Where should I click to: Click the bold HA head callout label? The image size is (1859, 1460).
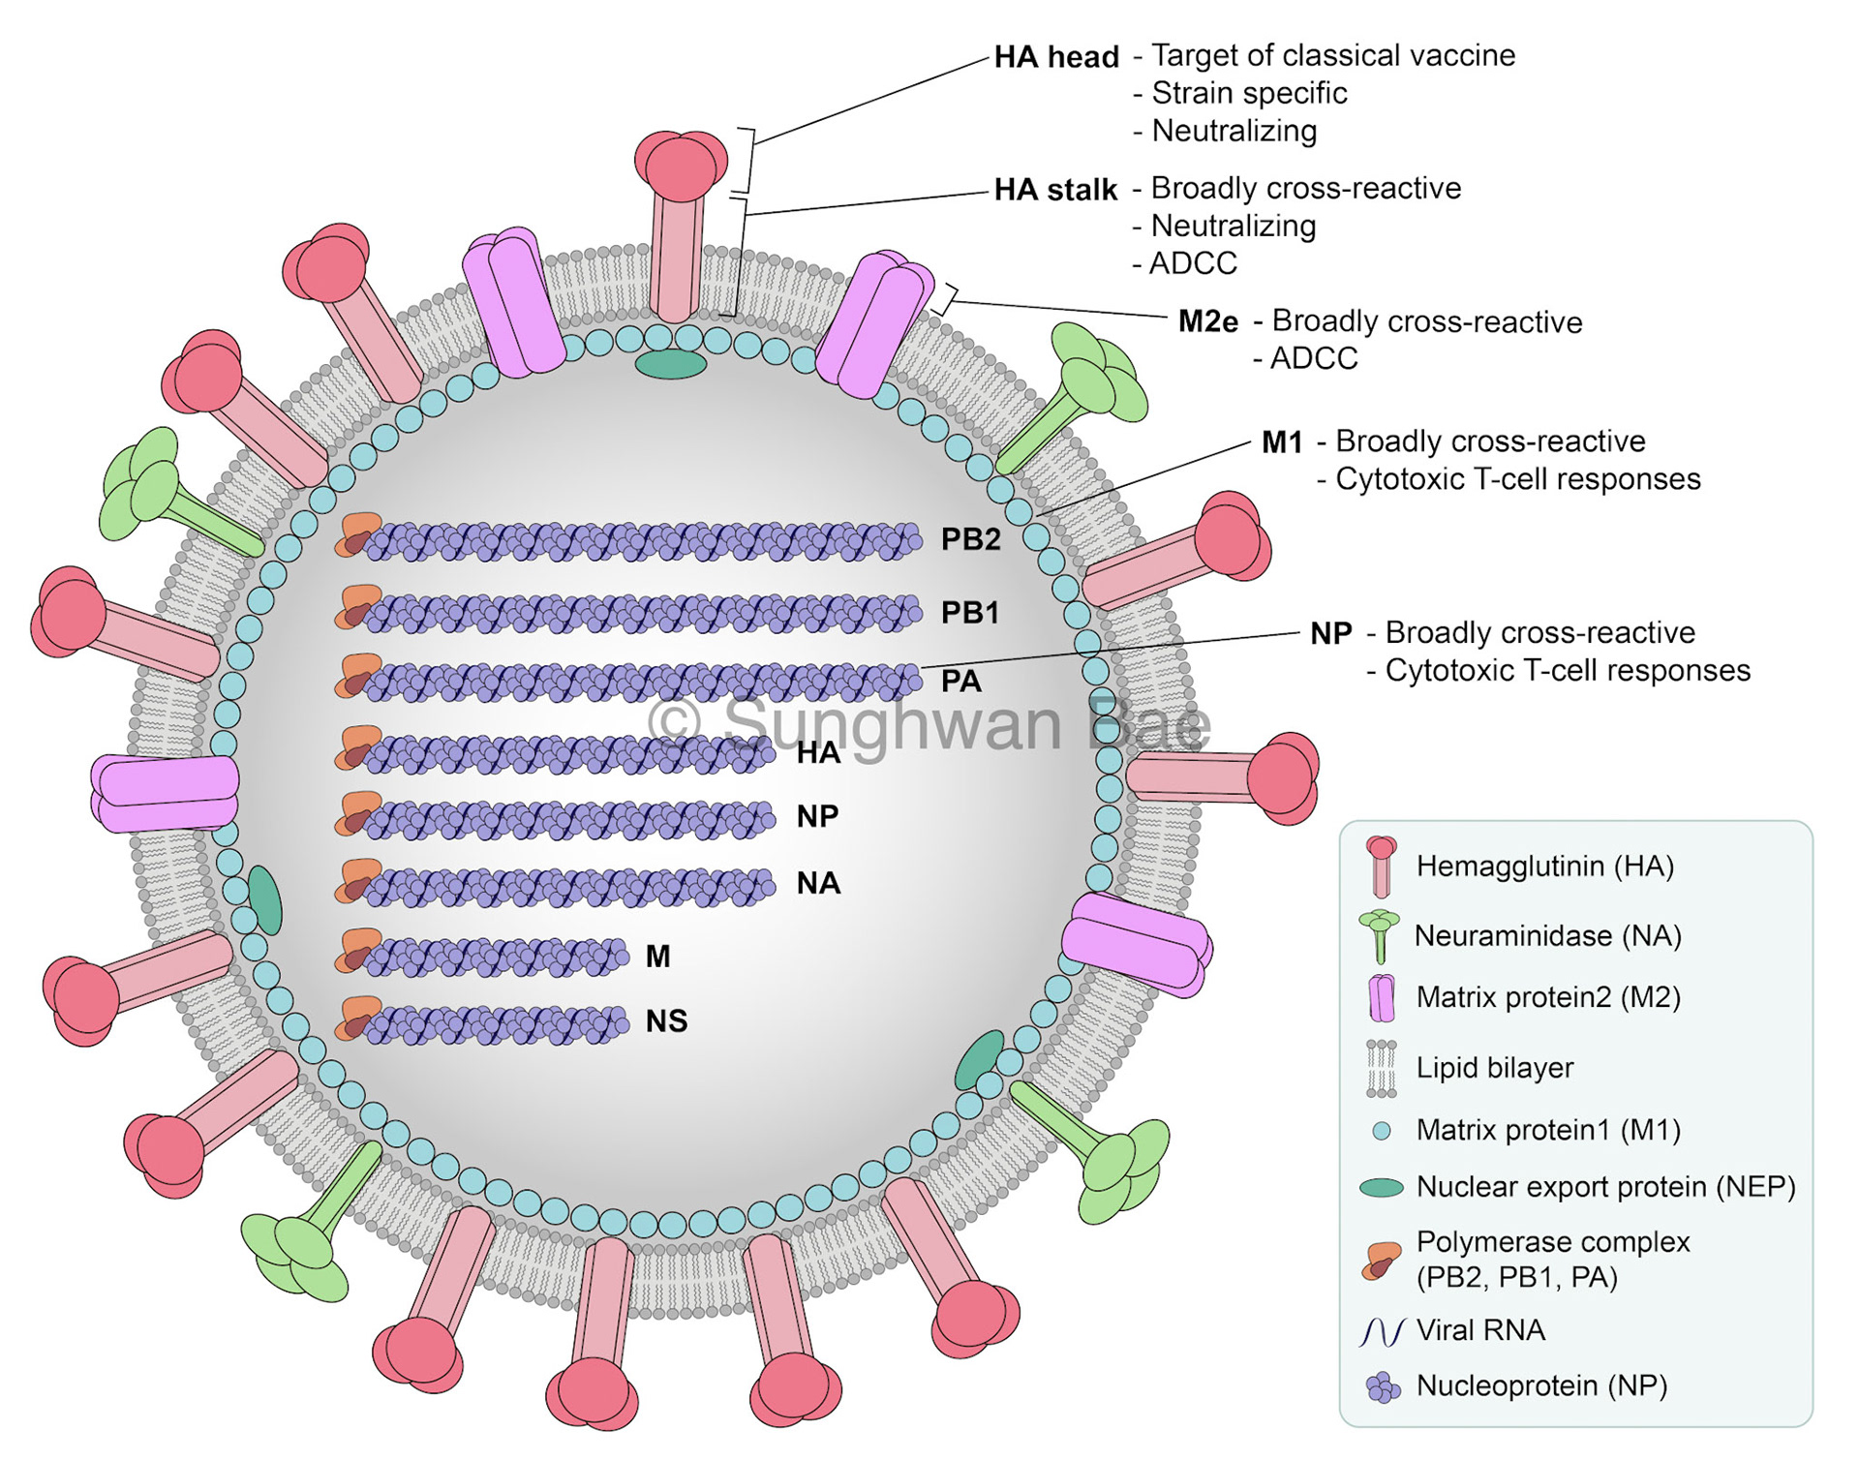tap(1056, 57)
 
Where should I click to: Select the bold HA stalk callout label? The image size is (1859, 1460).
tap(1055, 190)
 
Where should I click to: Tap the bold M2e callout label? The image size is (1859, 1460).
tap(1207, 321)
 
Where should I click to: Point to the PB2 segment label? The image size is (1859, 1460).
tap(970, 539)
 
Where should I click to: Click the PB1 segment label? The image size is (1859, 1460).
tap(969, 613)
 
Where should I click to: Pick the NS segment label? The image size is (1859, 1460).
tap(666, 1020)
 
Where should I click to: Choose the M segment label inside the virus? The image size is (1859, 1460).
tap(658, 957)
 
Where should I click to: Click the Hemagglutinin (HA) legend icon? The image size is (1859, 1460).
tap(1382, 865)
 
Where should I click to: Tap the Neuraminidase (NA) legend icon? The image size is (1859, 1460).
tap(1380, 935)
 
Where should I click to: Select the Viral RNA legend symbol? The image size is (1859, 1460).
tap(1382, 1332)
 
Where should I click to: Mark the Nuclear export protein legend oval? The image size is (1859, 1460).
tap(1382, 1188)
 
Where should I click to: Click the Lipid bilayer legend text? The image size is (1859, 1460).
tap(1494, 1068)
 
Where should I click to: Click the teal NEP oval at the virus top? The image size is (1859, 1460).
tap(671, 364)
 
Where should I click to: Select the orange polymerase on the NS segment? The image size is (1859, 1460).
tap(359, 1018)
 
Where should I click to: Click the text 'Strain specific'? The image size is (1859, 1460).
tap(1249, 93)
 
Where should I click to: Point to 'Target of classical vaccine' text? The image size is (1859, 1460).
tap(1332, 55)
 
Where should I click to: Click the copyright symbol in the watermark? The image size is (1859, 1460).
tap(674, 721)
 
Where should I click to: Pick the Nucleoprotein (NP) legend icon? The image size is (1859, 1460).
tap(1383, 1387)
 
